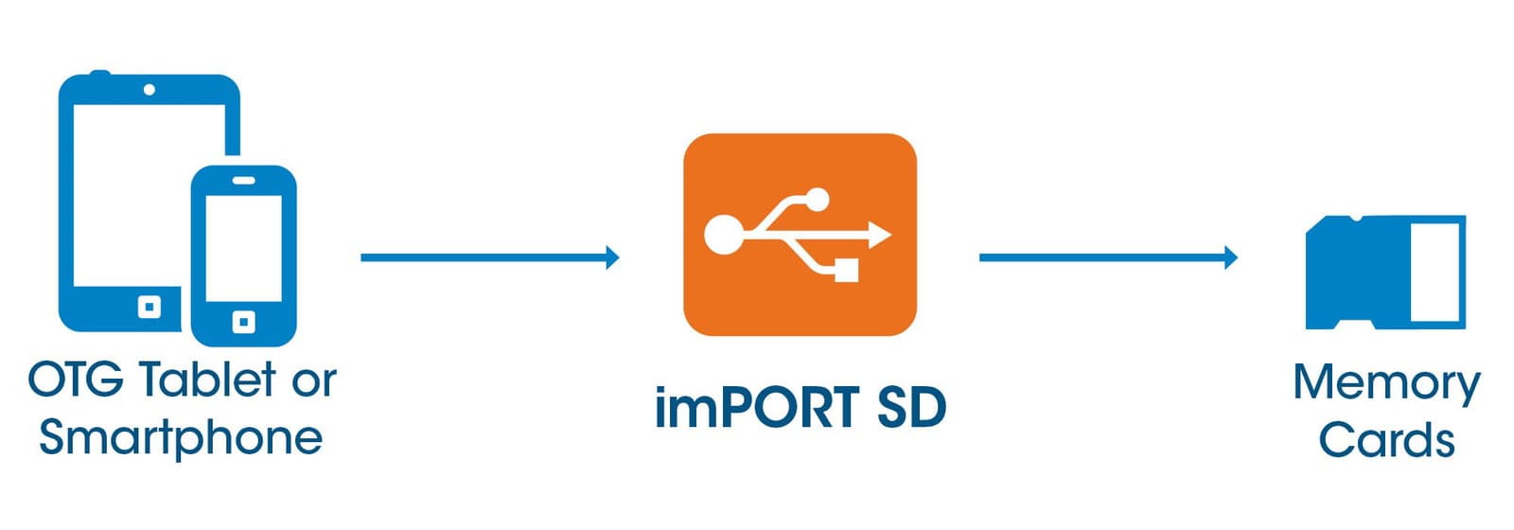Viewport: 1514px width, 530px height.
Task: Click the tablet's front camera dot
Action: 150,90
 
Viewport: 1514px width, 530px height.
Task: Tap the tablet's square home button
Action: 150,308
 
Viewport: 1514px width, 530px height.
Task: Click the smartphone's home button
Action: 243,322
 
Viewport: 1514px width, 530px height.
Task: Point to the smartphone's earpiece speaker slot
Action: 243,181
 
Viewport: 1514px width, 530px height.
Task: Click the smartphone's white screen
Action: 243,248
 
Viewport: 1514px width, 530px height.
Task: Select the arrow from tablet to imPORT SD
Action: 490,257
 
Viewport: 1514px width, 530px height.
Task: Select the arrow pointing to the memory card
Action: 1108,257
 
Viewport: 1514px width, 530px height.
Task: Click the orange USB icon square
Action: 801,235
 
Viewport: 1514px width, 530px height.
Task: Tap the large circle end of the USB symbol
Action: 723,235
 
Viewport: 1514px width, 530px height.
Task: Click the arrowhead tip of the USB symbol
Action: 891,235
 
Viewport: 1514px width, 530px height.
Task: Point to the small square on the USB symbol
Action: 846,271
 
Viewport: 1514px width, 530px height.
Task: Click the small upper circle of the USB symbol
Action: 818,199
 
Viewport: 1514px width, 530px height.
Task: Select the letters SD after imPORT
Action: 912,407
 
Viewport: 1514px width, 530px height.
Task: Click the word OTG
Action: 76,380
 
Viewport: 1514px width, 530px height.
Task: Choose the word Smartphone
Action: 181,438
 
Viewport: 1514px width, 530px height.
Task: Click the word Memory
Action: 1387,384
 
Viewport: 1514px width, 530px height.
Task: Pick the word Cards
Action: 1386,440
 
